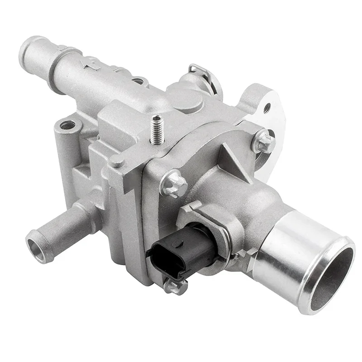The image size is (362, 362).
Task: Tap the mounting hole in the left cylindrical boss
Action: [68, 124]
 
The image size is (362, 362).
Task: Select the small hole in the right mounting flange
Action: [267, 108]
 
